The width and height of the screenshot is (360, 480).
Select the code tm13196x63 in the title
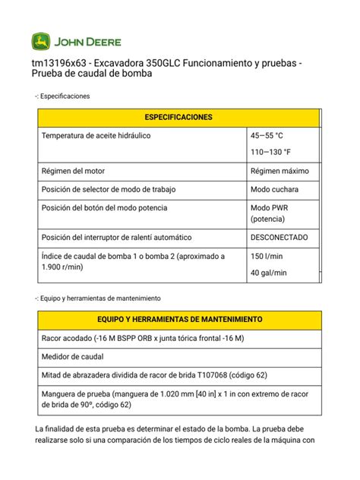point(59,62)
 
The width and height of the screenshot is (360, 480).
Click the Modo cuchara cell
point(274,189)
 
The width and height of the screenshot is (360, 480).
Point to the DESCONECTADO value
point(279,237)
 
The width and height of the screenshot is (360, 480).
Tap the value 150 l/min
point(268,257)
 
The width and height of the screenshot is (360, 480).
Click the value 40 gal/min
point(269,273)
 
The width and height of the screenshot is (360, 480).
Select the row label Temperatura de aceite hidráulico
point(96,136)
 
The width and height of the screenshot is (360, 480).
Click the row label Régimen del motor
point(77,171)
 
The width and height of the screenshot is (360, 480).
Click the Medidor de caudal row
point(73,356)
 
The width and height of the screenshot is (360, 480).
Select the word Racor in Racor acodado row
point(52,337)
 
